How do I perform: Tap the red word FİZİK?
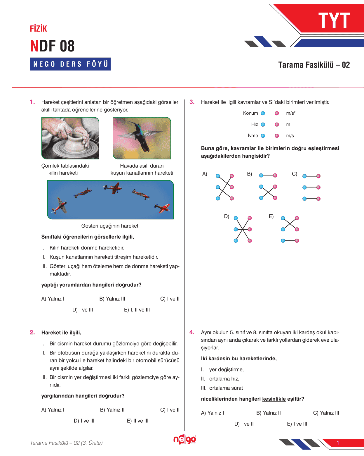pos(38,29)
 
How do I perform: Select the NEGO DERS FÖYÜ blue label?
pos(70,64)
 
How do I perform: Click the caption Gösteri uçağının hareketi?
pos(110,226)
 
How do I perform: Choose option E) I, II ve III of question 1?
pos(137,310)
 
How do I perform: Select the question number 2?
pos(32,333)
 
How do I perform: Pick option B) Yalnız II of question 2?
pos(112,410)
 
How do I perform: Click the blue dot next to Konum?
pos(263,113)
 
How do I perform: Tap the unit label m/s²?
pos(291,113)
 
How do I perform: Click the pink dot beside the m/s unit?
pos(277,136)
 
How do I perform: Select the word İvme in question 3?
pos(253,136)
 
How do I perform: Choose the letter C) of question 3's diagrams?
pos(295,174)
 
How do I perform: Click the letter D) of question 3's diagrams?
pos(227,216)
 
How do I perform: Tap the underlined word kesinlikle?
pos(274,399)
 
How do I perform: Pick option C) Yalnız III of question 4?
pos(326,413)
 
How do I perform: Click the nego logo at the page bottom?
pos(184,439)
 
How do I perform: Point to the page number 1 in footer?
pos(338,443)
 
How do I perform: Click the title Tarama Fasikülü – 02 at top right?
pos(314,65)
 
